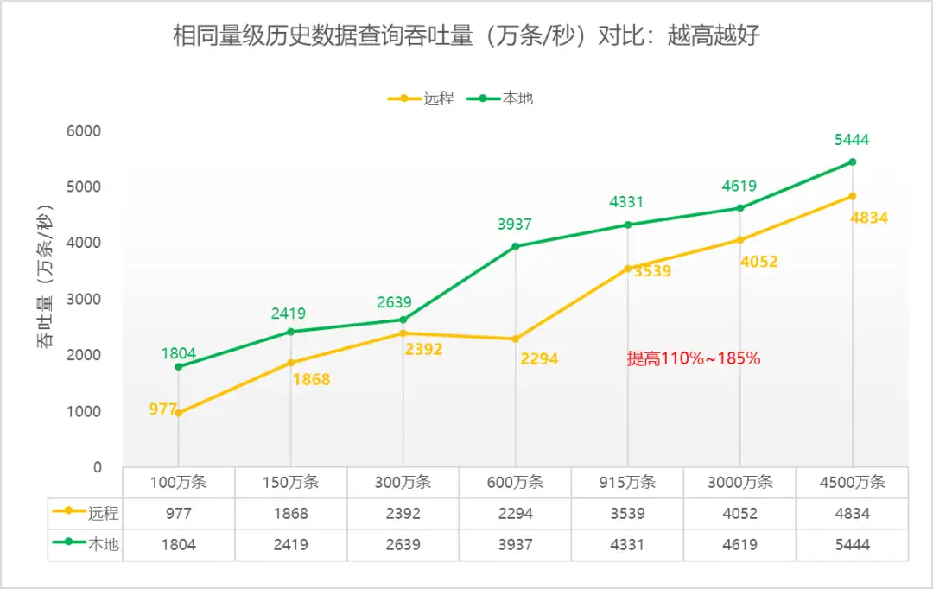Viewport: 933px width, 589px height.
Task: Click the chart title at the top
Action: (x=466, y=37)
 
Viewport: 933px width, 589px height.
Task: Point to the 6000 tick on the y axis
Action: (x=85, y=131)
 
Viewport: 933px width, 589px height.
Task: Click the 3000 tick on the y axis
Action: (x=85, y=299)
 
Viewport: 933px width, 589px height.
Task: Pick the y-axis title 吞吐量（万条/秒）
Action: (x=45, y=276)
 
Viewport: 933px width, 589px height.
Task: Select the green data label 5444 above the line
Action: (x=852, y=140)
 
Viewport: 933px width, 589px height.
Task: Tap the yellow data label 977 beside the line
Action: (x=162, y=409)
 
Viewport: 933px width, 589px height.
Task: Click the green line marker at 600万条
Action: (x=516, y=246)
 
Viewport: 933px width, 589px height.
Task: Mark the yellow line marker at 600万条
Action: (x=516, y=339)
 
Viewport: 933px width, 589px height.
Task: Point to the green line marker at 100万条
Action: (x=179, y=366)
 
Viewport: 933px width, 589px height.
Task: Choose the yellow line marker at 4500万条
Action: (x=853, y=196)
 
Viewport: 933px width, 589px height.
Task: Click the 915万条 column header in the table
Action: (x=627, y=483)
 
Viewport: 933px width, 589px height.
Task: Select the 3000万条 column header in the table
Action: (x=739, y=483)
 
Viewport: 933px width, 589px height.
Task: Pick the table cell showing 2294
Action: (x=516, y=514)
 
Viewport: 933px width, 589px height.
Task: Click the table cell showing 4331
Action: (x=627, y=545)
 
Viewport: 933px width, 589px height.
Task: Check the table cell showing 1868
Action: (x=291, y=514)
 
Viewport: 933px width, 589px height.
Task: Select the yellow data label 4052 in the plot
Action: (x=759, y=261)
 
